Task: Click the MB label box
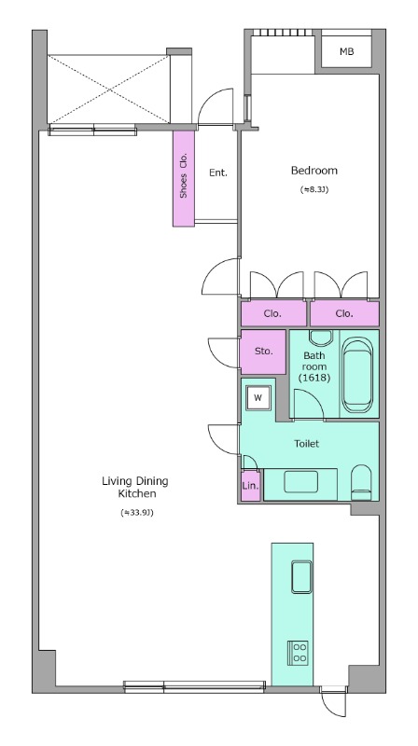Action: pos(346,52)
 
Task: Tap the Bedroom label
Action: pos(313,171)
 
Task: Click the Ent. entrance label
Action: pos(218,173)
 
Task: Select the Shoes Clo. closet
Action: pos(184,178)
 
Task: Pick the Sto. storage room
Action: pos(263,352)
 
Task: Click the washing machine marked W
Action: pos(258,398)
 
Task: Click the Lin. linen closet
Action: pos(250,486)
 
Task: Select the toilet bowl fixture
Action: pos(361,482)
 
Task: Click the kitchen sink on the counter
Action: pos(301,577)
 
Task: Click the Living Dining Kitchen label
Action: pos(135,487)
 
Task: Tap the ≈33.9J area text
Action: pos(137,513)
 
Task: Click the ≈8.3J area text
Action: pos(314,189)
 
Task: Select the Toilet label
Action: pos(306,444)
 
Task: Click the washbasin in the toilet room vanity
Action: pos(300,483)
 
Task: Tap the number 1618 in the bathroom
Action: pos(314,378)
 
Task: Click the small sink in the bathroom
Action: pos(320,338)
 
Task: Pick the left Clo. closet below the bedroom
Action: pos(273,313)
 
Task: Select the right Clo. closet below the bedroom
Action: pos(344,313)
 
